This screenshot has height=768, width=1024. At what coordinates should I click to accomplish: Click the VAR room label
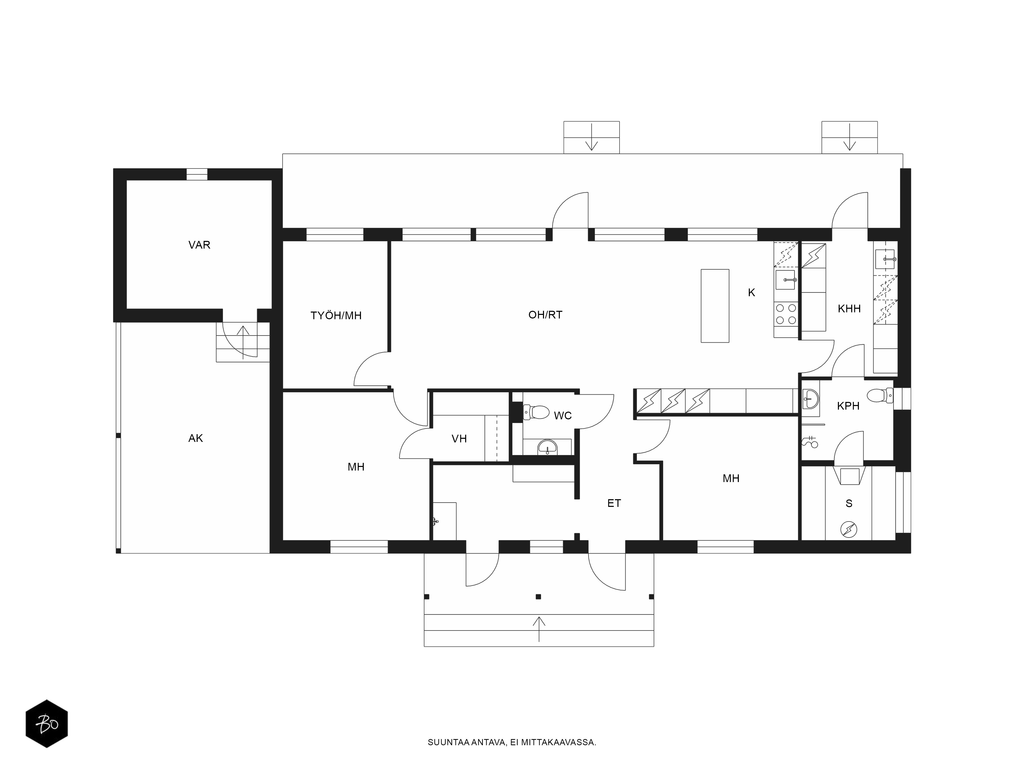coord(199,245)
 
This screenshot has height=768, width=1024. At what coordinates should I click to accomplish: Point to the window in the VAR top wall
coord(197,174)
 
